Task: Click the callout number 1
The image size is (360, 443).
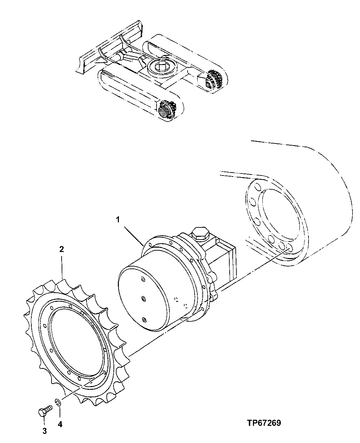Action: [118, 220]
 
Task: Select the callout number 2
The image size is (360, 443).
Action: [62, 249]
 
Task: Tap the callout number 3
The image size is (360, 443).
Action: [44, 431]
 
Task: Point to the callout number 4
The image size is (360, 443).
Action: [60, 425]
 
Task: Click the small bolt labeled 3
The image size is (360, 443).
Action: [44, 412]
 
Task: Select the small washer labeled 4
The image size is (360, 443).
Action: [58, 402]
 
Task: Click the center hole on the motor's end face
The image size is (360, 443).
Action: [143, 298]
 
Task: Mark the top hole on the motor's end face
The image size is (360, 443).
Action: [142, 279]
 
